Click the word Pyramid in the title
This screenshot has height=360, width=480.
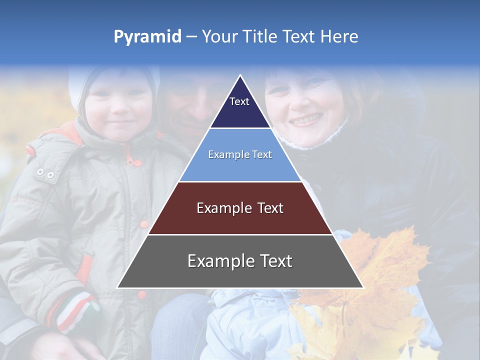[147, 37]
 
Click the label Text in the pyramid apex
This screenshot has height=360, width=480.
[239, 101]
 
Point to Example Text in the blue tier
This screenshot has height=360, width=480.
[240, 154]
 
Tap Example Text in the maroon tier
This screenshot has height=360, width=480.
[240, 208]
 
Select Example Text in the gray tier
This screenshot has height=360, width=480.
[240, 261]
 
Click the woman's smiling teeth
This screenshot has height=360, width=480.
[306, 120]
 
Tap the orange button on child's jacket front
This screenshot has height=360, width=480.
[144, 224]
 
